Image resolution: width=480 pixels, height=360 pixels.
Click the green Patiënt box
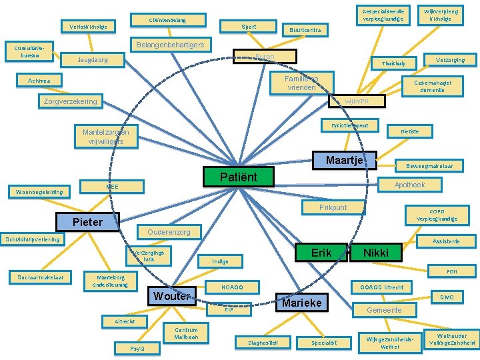tap(229, 177)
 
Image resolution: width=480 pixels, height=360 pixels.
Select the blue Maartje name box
tap(344, 160)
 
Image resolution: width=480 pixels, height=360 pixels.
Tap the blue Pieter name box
tap(87, 221)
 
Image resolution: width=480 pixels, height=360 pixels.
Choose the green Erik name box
tap(322, 252)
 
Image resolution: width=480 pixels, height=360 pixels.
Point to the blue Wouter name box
tap(173, 295)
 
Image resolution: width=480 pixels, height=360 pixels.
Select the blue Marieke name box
tap(302, 303)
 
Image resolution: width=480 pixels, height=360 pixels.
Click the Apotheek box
tap(409, 185)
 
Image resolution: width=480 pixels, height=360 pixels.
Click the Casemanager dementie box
tap(433, 87)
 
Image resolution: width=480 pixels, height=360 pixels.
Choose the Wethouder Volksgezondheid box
tap(456, 340)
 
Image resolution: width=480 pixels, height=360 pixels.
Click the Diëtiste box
tap(409, 132)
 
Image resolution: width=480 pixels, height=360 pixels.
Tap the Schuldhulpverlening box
tap(33, 239)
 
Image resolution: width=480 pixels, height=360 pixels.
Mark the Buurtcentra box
tap(305, 30)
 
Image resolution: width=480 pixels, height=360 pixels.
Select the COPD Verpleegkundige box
tap(437, 215)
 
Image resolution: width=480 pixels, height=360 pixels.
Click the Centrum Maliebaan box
tap(186, 333)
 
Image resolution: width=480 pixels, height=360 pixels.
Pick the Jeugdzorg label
tap(92, 60)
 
